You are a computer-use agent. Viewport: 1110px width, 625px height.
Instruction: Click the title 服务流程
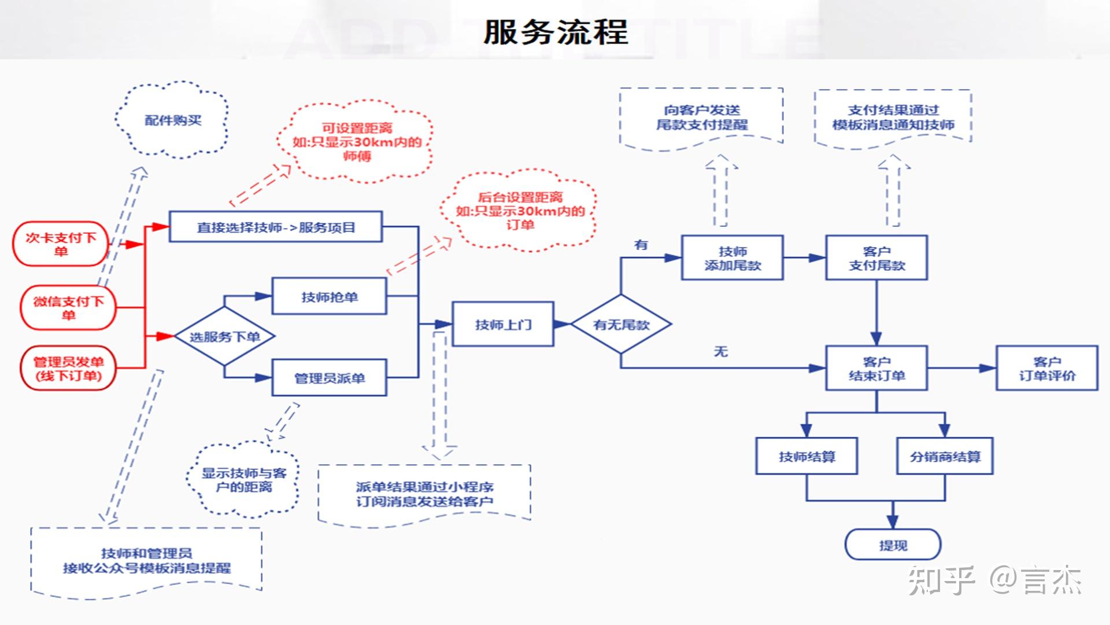[x=555, y=32]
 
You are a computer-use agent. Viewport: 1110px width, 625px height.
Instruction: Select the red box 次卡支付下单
[x=61, y=244]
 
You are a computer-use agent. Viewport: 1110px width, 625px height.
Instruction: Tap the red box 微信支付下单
[x=68, y=307]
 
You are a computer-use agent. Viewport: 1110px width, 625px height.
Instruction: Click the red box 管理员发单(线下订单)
[x=68, y=369]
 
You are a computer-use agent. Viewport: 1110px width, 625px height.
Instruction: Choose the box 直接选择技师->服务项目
[x=276, y=227]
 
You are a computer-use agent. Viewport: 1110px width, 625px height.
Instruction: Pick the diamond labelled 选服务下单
[x=224, y=336]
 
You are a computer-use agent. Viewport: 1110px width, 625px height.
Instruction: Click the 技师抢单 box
[x=329, y=297]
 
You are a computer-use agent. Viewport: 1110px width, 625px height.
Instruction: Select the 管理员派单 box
[x=329, y=378]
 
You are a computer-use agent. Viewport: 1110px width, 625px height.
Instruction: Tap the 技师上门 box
[x=502, y=325]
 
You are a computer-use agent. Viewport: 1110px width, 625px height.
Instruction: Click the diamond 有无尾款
[x=621, y=325]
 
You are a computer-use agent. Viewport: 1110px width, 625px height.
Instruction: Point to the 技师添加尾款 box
[x=732, y=258]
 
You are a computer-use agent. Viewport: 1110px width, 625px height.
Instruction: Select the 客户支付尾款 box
[x=876, y=258]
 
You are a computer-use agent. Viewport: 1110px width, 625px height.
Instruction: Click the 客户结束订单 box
[x=876, y=369]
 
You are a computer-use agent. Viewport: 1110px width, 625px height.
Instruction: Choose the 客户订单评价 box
[x=1046, y=369]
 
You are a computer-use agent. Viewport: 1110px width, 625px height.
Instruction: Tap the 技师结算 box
[x=806, y=457]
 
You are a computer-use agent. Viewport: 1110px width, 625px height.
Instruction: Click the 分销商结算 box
[x=945, y=457]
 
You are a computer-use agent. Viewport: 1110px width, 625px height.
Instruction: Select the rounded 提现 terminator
[x=893, y=545]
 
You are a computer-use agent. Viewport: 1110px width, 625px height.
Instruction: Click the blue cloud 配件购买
[x=172, y=120]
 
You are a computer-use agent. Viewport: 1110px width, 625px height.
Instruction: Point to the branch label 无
[x=720, y=351]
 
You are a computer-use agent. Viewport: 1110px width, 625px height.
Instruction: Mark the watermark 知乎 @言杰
[x=994, y=580]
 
